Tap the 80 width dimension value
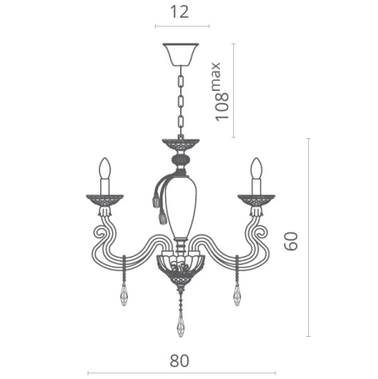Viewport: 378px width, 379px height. [178, 360]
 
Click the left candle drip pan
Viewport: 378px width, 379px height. [104, 200]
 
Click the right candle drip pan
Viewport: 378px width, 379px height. [255, 200]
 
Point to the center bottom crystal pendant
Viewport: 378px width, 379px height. [179, 324]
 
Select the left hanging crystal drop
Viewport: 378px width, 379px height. [124, 294]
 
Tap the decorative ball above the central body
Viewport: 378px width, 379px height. [179, 159]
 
